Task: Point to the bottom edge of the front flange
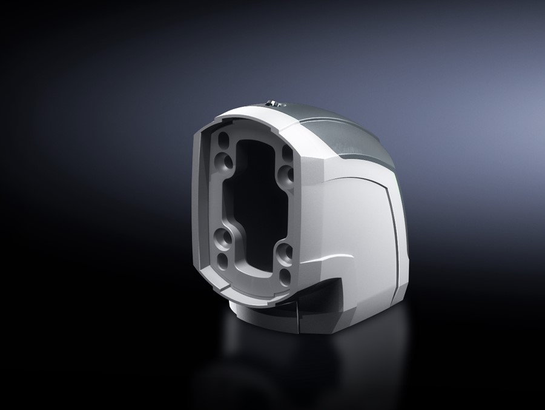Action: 242,294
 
